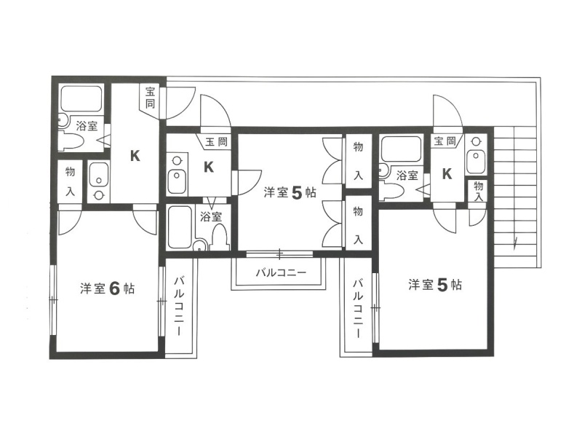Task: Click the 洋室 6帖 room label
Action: point(107,288)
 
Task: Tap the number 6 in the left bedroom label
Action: point(114,288)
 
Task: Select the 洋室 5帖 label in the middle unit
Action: point(290,193)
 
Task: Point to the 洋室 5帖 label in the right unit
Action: point(435,285)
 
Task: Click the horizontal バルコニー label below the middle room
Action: point(281,273)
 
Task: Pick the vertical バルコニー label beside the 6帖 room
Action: point(179,306)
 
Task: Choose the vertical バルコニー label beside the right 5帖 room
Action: point(357,308)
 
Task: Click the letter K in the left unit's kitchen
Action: point(135,156)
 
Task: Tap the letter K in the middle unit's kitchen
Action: point(209,168)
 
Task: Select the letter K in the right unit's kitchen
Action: point(447,173)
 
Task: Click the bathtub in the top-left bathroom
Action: point(81,98)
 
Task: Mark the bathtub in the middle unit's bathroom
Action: point(180,227)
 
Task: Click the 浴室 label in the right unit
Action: point(407,176)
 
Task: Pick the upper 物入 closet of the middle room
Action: point(358,161)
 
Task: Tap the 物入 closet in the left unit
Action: point(70,181)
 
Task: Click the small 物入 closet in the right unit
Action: point(478,191)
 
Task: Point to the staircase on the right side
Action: point(516,197)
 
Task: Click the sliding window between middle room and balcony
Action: point(280,254)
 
